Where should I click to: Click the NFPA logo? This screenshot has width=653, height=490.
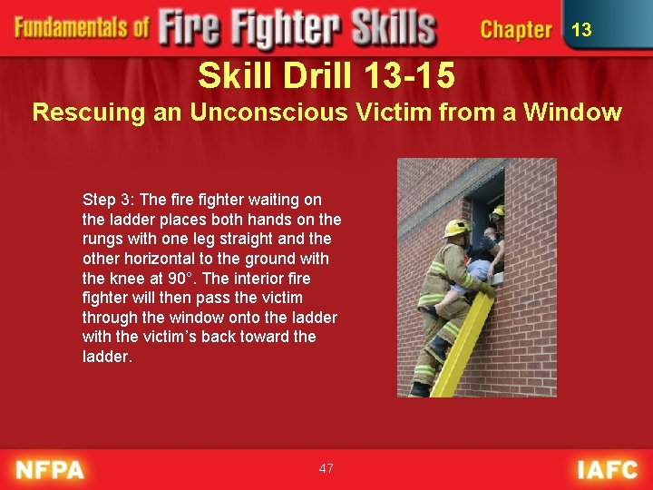50,469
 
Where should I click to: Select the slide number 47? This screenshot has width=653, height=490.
326,468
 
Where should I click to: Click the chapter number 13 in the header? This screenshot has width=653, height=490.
581,30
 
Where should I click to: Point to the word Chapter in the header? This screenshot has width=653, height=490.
516,30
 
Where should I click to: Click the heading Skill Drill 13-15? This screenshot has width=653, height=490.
326,75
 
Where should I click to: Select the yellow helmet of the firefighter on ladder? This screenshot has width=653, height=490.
457,228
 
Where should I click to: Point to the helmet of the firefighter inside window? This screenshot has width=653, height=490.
498,211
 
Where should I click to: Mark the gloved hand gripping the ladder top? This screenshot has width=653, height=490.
488,289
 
